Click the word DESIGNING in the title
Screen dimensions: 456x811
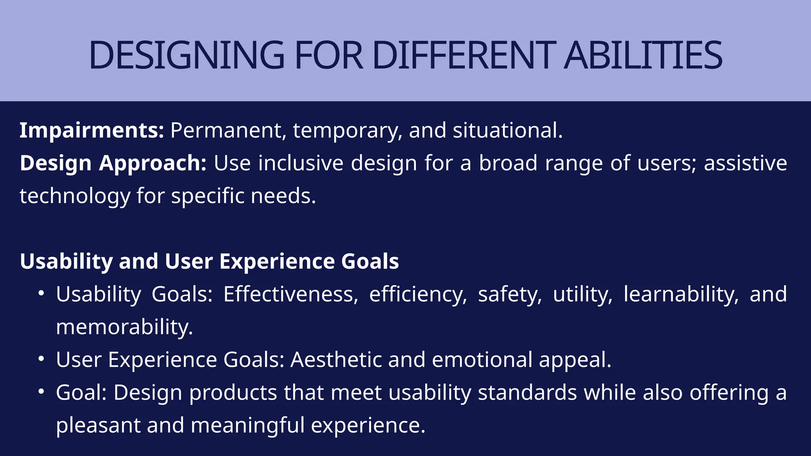pyautogui.click(x=186, y=55)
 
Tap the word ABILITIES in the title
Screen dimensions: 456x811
pyautogui.click(x=643, y=55)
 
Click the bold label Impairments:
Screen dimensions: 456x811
pyautogui.click(x=91, y=130)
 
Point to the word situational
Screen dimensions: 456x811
pyautogui.click(x=507, y=130)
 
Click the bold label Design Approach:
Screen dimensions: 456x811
pyautogui.click(x=113, y=163)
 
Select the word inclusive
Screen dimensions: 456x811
pyautogui.click(x=301, y=163)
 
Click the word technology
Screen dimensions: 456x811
pyautogui.click(x=75, y=196)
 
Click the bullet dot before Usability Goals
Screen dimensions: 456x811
pyautogui.click(x=41, y=294)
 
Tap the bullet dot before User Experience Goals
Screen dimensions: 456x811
pyautogui.click(x=41, y=359)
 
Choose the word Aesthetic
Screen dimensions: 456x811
pyautogui.click(x=336, y=359)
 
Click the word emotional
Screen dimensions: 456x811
pyautogui.click(x=482, y=359)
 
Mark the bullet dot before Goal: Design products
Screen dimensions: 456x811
pyautogui.click(x=41, y=392)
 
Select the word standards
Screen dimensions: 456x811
pyautogui.click(x=527, y=392)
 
